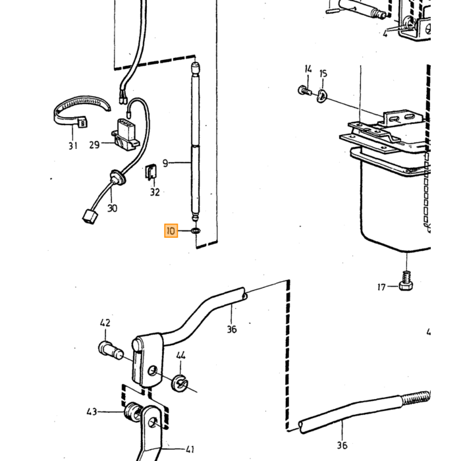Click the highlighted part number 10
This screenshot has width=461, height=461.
[171, 230]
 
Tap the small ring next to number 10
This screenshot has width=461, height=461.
[196, 230]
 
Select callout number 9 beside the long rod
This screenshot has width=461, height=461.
[165, 163]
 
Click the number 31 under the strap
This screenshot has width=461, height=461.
[73, 146]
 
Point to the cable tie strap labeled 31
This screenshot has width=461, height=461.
[81, 110]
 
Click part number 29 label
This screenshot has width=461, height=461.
[94, 145]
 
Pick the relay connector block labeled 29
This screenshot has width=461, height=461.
[126, 134]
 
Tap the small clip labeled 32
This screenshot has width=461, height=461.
[151, 173]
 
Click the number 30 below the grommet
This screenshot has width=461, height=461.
[113, 208]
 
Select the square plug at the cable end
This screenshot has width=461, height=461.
[90, 217]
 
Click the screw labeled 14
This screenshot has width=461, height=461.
[304, 90]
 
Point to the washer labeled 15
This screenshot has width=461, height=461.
[321, 96]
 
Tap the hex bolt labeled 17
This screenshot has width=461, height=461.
[406, 281]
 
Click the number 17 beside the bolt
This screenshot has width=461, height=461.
[381, 287]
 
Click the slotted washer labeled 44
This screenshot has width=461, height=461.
[179, 383]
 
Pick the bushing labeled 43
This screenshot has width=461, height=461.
[134, 412]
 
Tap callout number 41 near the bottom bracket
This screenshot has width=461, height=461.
[190, 449]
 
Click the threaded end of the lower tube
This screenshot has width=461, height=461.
[415, 398]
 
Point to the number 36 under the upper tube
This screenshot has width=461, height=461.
[232, 329]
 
